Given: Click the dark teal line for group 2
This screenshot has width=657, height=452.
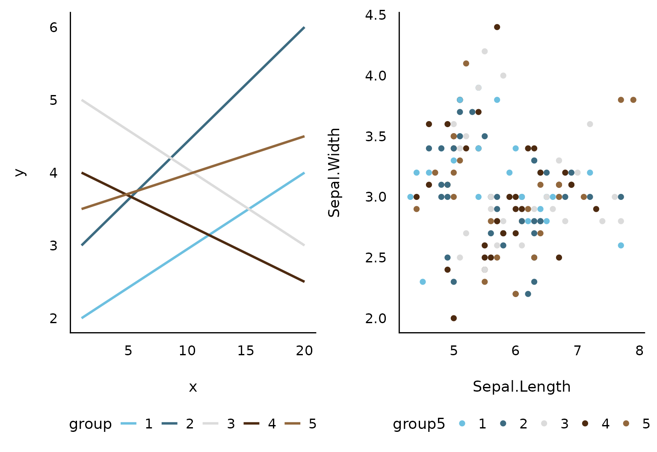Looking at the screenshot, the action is [x=193, y=136].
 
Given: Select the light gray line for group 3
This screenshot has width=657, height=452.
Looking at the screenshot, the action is [x=193, y=172].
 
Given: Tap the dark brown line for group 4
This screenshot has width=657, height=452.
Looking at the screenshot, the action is [x=193, y=227].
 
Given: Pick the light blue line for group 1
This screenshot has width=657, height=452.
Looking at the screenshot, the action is [x=193, y=245].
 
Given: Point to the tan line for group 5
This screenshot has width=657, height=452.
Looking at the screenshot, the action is [x=193, y=172].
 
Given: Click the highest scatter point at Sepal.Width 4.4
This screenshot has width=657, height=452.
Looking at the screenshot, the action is [x=497, y=27].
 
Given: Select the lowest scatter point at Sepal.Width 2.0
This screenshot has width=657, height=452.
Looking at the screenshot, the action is [x=454, y=318].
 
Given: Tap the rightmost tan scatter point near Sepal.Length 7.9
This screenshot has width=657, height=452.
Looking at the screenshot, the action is [x=633, y=100].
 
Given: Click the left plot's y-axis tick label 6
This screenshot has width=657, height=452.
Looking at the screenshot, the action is [x=53, y=27].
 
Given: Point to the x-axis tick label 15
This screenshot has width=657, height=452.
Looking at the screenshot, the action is [x=246, y=351].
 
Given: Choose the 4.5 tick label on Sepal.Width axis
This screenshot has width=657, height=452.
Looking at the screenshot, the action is [x=376, y=15].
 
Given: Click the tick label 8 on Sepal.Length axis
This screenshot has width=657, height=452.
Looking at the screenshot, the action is [x=640, y=351].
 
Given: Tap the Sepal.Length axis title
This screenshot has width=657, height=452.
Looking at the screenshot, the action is [x=522, y=386].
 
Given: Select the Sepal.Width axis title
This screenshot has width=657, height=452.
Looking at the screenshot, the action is [x=334, y=172].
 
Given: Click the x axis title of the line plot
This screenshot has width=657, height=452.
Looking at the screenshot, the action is [x=193, y=387].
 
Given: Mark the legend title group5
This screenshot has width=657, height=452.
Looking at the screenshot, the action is [x=419, y=424].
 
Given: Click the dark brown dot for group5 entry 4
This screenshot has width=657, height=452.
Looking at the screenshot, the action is [x=585, y=423].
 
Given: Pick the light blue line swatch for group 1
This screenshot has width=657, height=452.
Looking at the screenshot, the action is [x=128, y=423].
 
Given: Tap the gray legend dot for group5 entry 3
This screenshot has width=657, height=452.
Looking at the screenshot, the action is [x=544, y=423].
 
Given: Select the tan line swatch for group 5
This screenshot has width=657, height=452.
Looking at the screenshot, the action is [x=293, y=423].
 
